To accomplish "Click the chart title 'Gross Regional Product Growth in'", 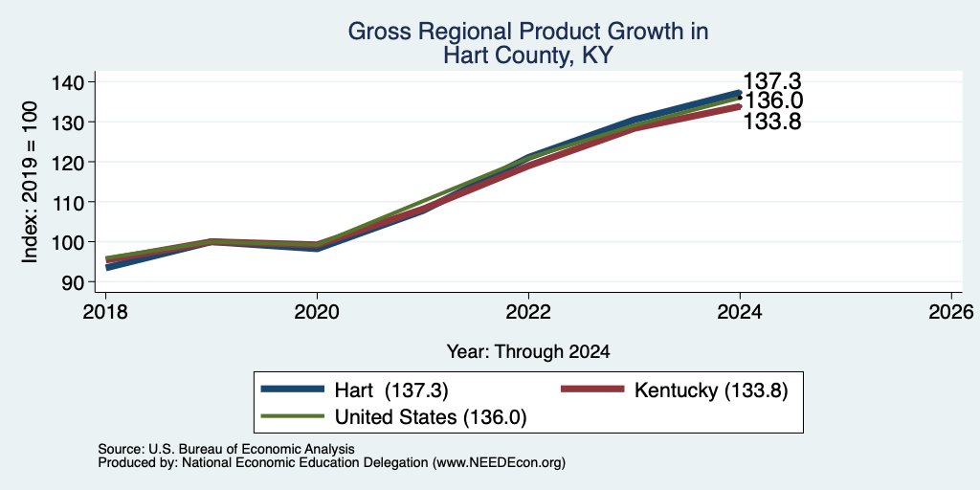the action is pyautogui.click(x=528, y=32).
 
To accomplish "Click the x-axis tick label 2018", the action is pyautogui.click(x=105, y=311).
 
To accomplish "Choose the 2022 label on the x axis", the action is pyautogui.click(x=528, y=311).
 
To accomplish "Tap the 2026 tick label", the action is pyautogui.click(x=951, y=311).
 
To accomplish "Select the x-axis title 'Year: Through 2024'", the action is pyautogui.click(x=528, y=352).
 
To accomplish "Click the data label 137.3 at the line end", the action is pyautogui.click(x=772, y=81).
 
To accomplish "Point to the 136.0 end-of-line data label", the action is pyautogui.click(x=772, y=100).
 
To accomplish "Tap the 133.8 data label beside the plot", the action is pyautogui.click(x=772, y=122).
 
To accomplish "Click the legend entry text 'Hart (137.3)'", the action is pyautogui.click(x=391, y=390).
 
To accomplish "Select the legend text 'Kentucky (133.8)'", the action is pyautogui.click(x=711, y=390).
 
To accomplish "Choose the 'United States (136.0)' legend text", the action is pyautogui.click(x=431, y=417).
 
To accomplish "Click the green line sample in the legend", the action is pyautogui.click(x=293, y=416).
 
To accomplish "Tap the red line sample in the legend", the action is pyautogui.click(x=592, y=390).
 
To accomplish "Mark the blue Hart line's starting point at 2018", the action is pyautogui.click(x=106, y=268).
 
